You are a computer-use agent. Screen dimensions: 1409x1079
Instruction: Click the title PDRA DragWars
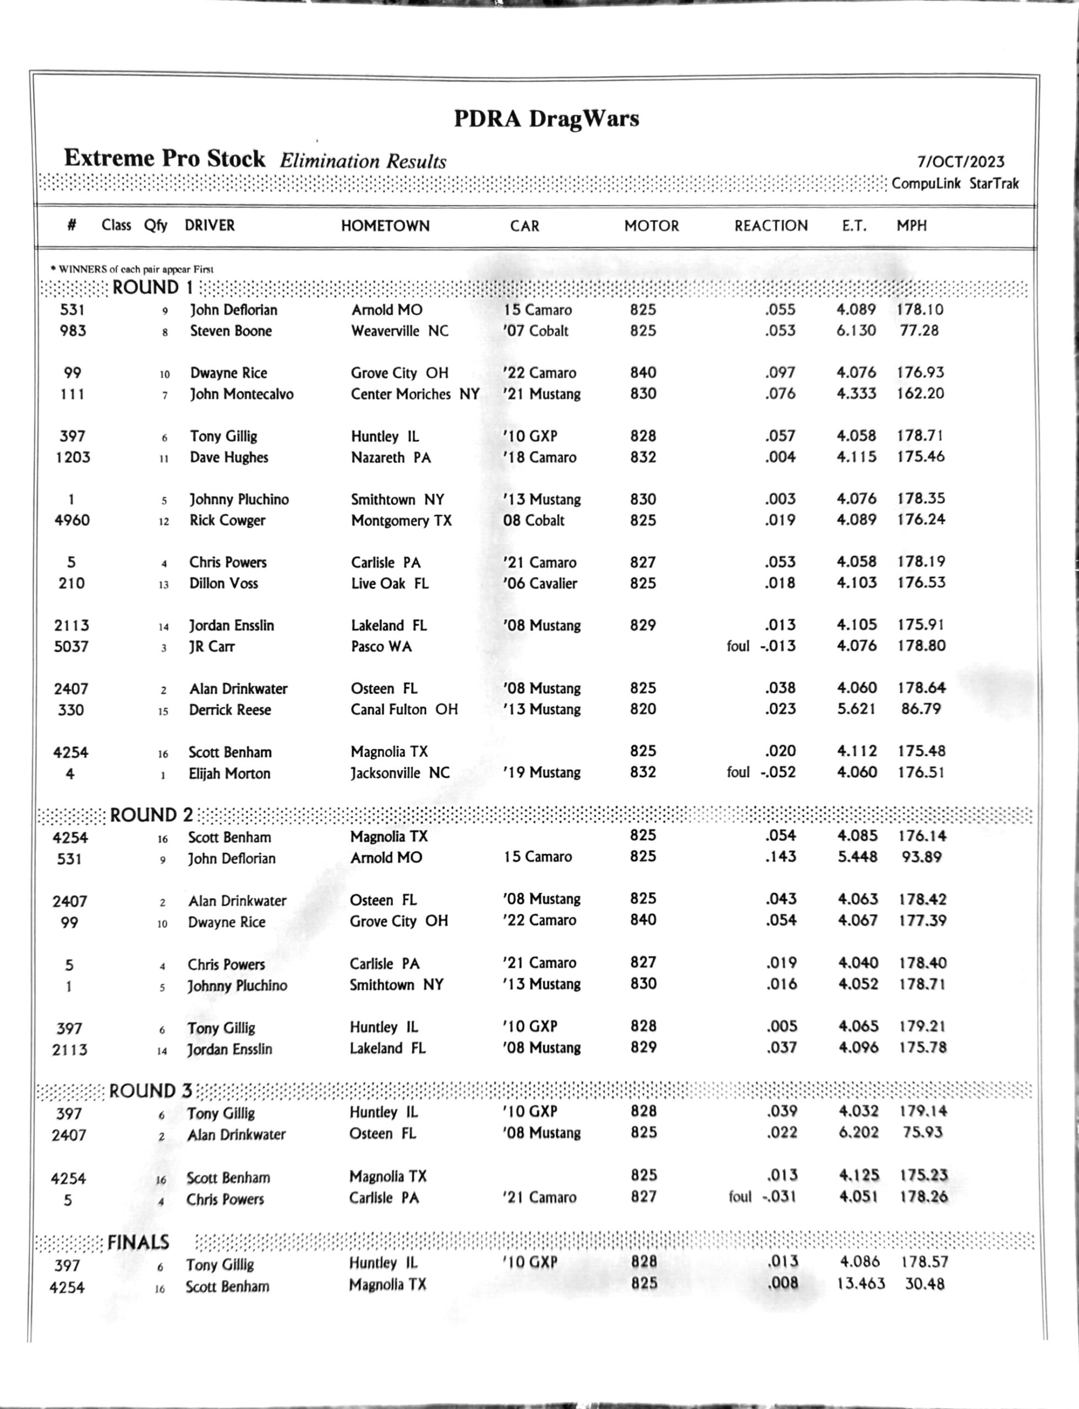(546, 119)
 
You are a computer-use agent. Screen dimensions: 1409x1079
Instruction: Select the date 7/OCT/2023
(960, 161)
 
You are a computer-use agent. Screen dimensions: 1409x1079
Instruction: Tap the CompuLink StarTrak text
(955, 184)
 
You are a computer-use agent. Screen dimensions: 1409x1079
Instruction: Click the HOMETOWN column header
(385, 226)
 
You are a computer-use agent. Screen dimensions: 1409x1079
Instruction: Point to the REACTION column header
(771, 226)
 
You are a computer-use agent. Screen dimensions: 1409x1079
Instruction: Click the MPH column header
(911, 226)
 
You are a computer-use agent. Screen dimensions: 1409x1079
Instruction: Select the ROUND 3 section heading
(150, 1090)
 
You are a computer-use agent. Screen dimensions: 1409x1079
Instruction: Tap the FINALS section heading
(138, 1242)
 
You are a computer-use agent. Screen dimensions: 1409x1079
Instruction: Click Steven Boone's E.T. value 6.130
(856, 330)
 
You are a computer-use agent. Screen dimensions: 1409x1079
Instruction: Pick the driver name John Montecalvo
(242, 394)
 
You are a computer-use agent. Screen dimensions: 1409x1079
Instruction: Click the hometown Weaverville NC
(399, 331)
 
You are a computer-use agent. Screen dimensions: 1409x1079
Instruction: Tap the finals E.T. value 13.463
(861, 1284)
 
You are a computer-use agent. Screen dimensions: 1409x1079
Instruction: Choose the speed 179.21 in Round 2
(922, 1026)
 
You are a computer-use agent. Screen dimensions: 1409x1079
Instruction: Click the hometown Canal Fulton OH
(404, 709)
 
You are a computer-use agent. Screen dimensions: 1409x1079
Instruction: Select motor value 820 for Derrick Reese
(643, 709)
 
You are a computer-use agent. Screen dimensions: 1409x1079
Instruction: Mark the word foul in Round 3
(740, 1197)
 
